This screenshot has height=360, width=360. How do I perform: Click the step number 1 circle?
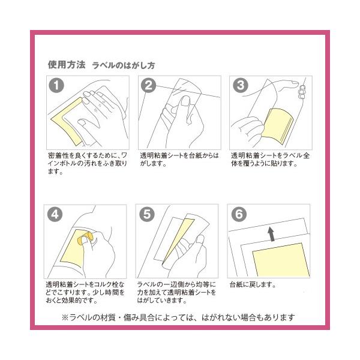pyautogui.click(x=56, y=85)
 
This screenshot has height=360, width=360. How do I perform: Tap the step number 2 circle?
pyautogui.click(x=148, y=85)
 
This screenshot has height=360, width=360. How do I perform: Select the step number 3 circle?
pyautogui.click(x=241, y=85)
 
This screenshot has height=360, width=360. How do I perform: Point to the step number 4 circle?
pyautogui.click(x=55, y=214)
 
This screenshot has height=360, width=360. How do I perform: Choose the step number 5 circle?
pyautogui.click(x=147, y=214)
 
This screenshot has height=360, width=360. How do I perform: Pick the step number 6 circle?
pyautogui.click(x=239, y=214)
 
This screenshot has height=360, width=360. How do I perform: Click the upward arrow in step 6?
pyautogui.click(x=271, y=234)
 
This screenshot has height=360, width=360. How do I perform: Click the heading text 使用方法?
pyautogui.click(x=67, y=65)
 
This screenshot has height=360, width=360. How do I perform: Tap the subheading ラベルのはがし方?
pyautogui.click(x=124, y=65)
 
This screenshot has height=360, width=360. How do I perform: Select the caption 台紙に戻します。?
pyautogui.click(x=253, y=284)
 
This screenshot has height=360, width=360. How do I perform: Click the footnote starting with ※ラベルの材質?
pyautogui.click(x=178, y=317)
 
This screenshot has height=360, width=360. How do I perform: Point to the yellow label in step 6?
pyautogui.click(x=281, y=260)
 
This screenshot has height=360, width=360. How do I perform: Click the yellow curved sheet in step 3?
pyautogui.click(x=277, y=126)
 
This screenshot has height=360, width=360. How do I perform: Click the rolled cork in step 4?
pyautogui.click(x=85, y=238)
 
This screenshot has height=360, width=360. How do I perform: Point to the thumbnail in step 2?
pyautogui.click(x=185, y=101)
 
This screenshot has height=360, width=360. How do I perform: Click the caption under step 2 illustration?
pyautogui.click(x=179, y=160)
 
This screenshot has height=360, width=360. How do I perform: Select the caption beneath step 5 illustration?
pyautogui.click(x=176, y=292)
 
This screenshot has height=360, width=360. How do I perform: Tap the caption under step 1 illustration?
pyautogui.click(x=88, y=163)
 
